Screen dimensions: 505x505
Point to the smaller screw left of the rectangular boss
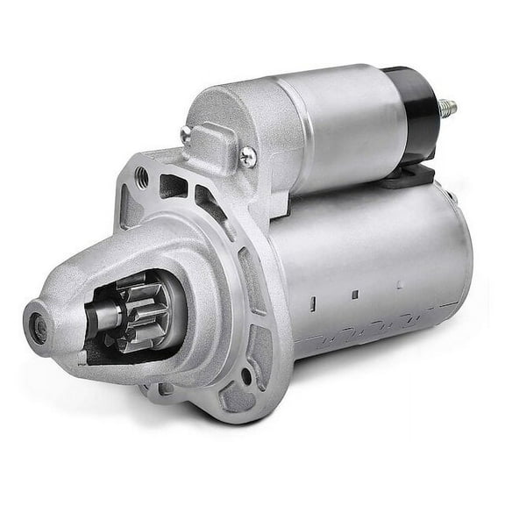(186, 133)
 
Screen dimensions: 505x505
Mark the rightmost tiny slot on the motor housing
(398, 283)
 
